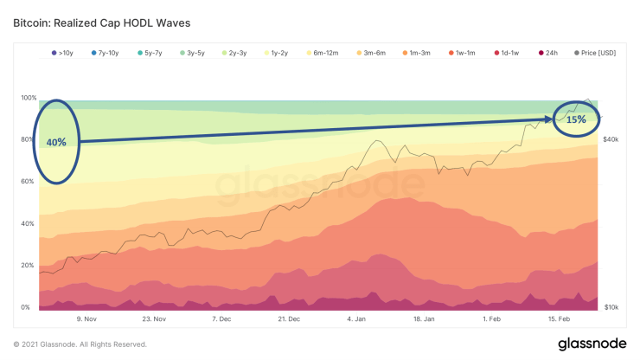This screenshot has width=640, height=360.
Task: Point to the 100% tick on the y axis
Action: tap(29, 98)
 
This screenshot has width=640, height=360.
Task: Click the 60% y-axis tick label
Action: tap(29, 182)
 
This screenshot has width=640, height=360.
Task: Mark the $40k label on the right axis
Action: tap(610, 139)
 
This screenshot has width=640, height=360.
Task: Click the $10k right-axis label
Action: tap(610, 307)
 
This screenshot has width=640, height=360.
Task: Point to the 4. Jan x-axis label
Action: tap(356, 318)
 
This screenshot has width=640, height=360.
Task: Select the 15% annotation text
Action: tap(576, 119)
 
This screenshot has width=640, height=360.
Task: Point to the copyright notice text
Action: tap(80, 344)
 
